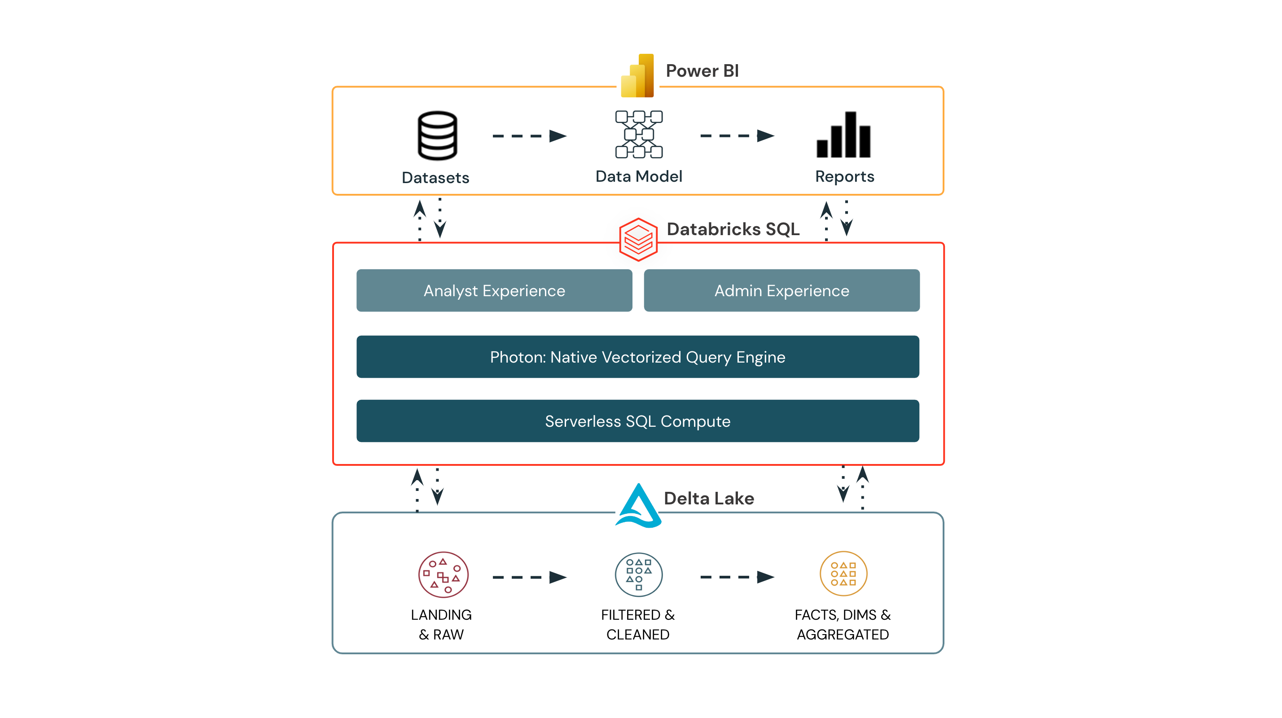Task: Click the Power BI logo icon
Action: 637,76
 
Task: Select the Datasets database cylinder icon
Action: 437,136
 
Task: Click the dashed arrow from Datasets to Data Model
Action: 529,136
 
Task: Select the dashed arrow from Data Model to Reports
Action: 737,136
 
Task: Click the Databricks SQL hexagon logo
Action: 638,239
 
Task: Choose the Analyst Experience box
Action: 494,291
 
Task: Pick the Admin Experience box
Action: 781,291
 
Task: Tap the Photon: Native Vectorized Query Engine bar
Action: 637,357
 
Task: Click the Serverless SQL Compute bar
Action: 637,421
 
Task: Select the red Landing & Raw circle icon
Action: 443,575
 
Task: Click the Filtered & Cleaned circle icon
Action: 638,575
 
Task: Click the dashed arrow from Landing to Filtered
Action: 529,577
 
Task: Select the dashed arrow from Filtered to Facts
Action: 737,577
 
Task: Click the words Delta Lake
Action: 709,498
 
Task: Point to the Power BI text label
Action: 702,70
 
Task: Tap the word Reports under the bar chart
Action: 844,176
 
